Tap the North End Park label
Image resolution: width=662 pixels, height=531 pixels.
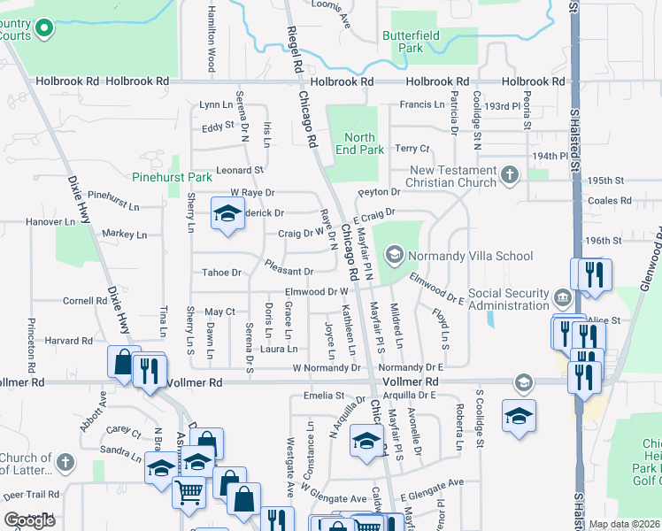coord(360,143)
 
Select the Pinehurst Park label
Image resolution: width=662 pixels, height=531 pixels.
coord(172,177)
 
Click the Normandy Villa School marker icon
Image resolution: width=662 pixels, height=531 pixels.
coord(394,257)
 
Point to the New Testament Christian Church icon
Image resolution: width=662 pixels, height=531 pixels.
coord(509,175)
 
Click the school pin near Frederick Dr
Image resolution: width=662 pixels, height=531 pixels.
coord(227,214)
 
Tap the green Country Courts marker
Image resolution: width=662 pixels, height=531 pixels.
coord(42,30)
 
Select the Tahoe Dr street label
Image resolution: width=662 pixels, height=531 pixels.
coord(222,273)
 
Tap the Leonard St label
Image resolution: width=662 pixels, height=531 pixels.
coord(241,169)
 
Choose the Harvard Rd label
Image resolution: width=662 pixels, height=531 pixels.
coord(70,341)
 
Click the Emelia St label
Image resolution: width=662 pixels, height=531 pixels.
coord(322,396)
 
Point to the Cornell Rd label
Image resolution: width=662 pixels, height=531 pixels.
coord(85,301)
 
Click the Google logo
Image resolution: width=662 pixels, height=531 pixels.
coord(29,520)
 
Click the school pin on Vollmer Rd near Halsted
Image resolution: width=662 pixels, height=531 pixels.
coord(524,381)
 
